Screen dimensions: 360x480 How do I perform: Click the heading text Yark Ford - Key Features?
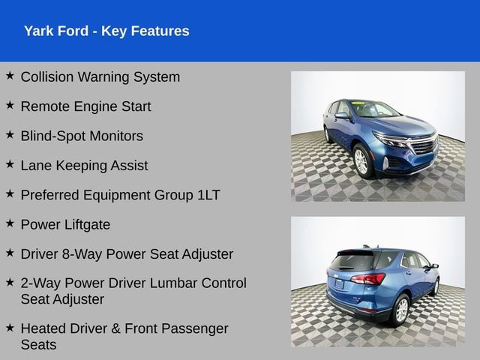(106, 31)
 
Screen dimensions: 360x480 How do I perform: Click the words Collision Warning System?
(100, 76)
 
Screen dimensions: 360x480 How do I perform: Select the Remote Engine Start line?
(85, 106)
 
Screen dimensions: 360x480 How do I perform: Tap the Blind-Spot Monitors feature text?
(82, 136)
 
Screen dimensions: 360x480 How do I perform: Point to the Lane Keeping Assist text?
(84, 165)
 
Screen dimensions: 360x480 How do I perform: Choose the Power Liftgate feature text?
(65, 224)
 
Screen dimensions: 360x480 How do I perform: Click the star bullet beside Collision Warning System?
(10, 76)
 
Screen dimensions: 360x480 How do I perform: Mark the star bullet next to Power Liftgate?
(10, 223)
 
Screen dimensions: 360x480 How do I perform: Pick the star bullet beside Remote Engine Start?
(10, 105)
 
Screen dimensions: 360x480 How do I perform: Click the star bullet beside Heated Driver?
(10, 327)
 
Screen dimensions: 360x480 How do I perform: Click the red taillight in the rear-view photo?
(368, 279)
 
